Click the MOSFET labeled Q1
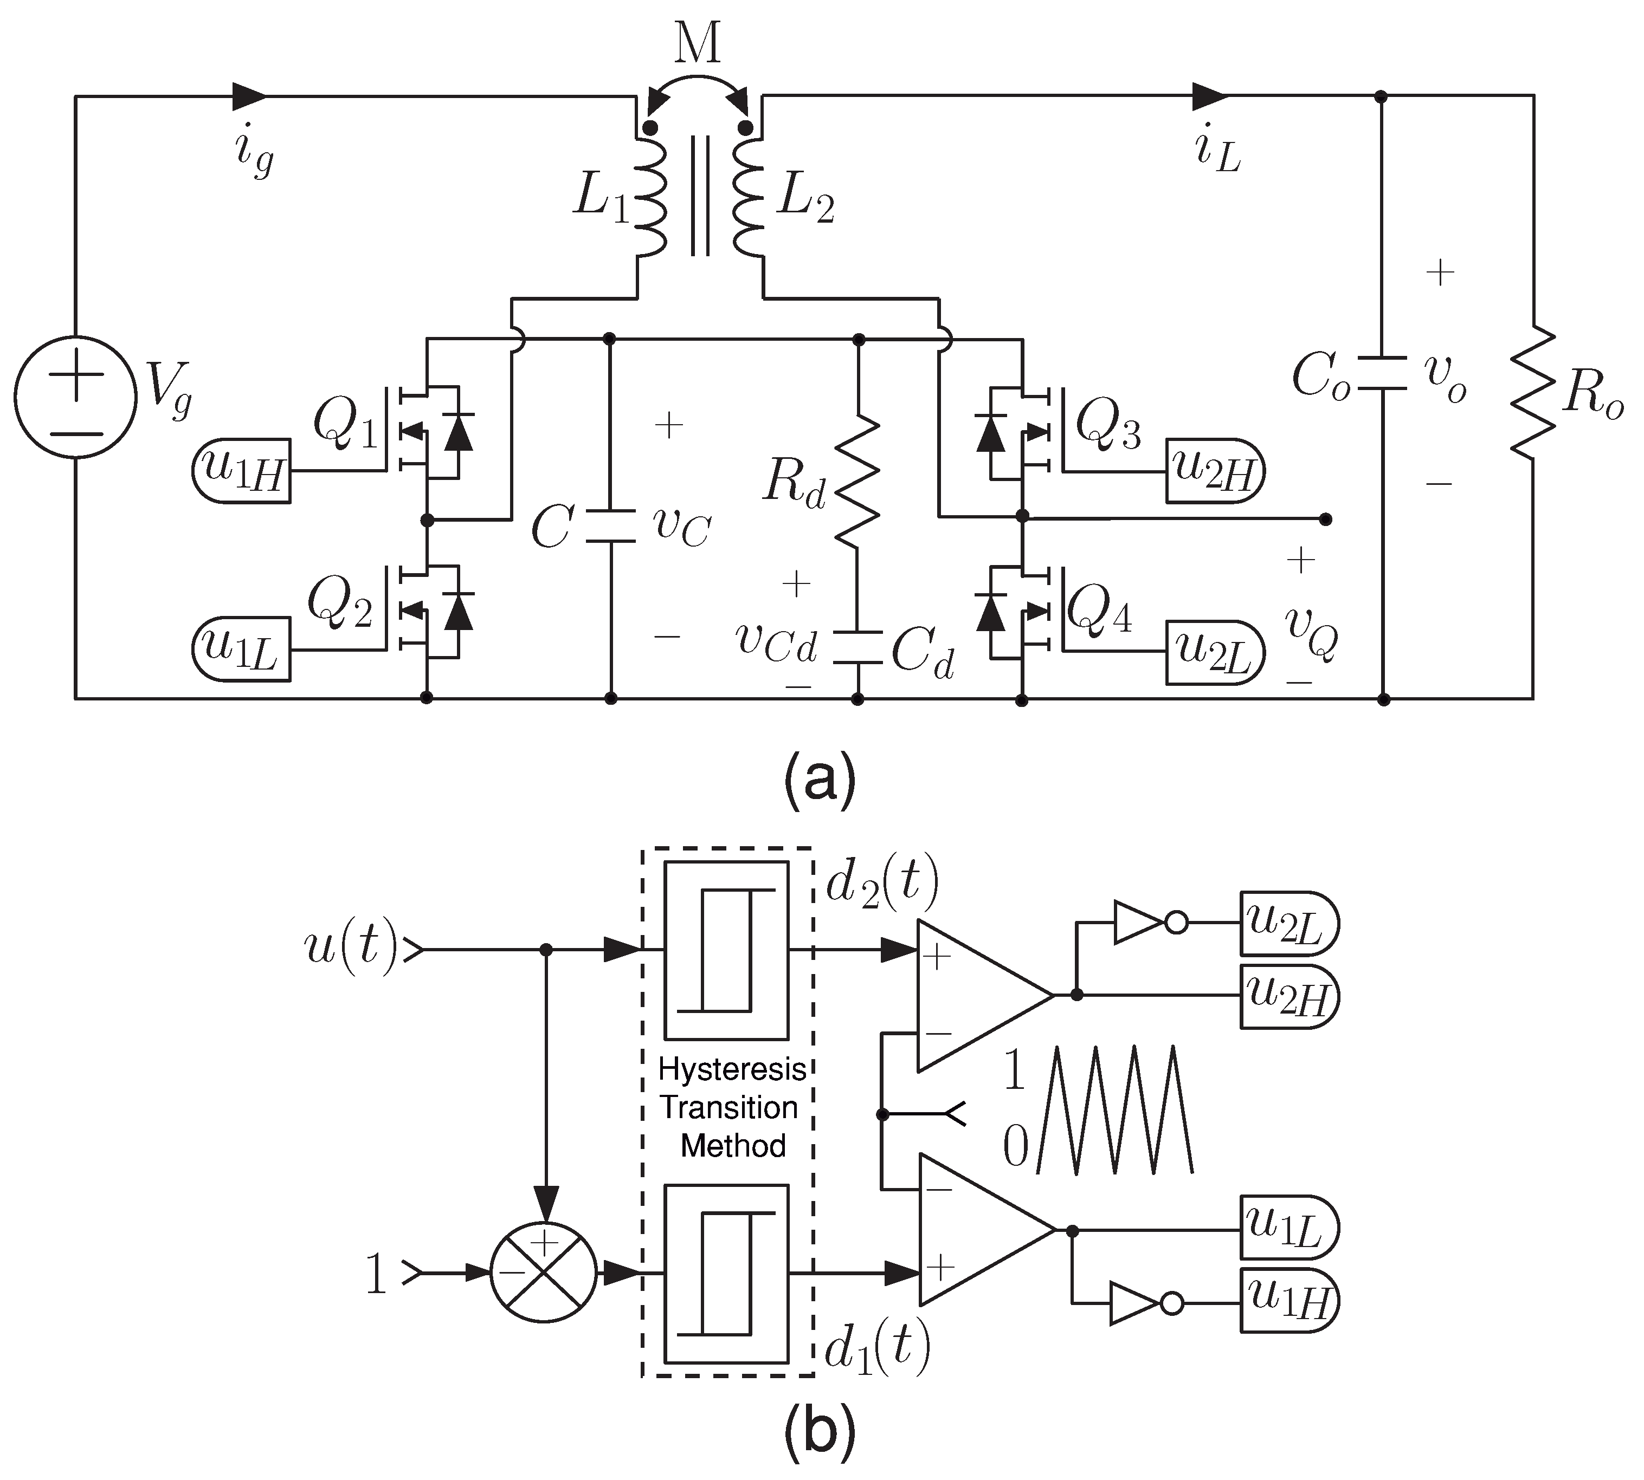point(423,431)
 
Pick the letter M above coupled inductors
point(698,45)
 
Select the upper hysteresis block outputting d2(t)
point(726,950)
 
